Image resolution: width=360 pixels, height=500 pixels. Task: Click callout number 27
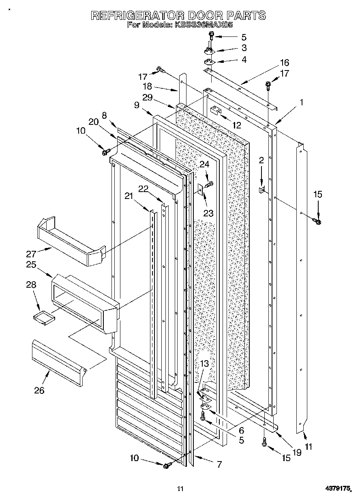[32, 254]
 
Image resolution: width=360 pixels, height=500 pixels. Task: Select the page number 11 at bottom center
[180, 489]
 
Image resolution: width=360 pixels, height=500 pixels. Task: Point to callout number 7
[219, 464]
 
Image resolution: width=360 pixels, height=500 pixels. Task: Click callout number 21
[129, 196]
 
